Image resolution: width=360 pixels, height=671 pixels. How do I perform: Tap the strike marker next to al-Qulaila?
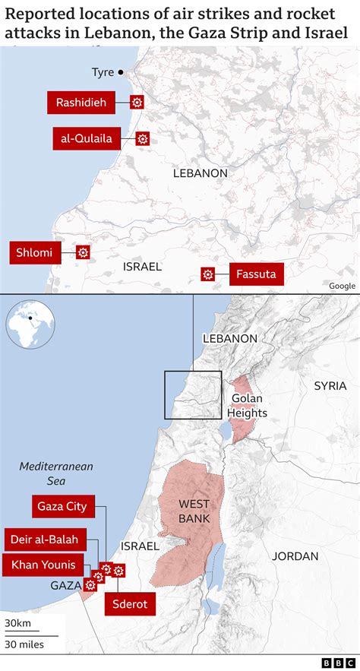click(142, 138)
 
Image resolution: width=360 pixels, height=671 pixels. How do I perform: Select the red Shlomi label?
click(36, 253)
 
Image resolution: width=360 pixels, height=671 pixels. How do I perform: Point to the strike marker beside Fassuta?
click(207, 274)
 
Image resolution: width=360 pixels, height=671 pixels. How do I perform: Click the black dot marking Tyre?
click(120, 73)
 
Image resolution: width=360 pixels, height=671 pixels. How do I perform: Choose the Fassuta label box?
click(256, 274)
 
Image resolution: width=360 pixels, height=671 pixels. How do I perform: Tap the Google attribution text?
click(342, 286)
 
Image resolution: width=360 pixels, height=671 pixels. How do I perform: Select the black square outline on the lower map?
click(193, 394)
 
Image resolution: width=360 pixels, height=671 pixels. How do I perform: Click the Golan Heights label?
click(247, 405)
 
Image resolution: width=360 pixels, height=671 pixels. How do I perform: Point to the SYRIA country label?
click(330, 386)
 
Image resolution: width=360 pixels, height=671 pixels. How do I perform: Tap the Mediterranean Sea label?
click(56, 473)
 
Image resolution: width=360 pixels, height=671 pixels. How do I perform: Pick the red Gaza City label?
click(62, 506)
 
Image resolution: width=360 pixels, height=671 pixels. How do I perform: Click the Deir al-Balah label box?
click(44, 540)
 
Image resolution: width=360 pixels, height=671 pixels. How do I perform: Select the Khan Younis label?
click(43, 565)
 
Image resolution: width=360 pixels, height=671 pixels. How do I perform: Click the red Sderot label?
click(130, 604)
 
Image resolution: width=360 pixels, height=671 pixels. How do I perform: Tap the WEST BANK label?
click(194, 511)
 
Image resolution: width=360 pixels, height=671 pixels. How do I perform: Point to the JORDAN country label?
click(295, 556)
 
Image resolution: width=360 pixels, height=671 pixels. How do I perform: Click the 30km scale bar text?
click(17, 624)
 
